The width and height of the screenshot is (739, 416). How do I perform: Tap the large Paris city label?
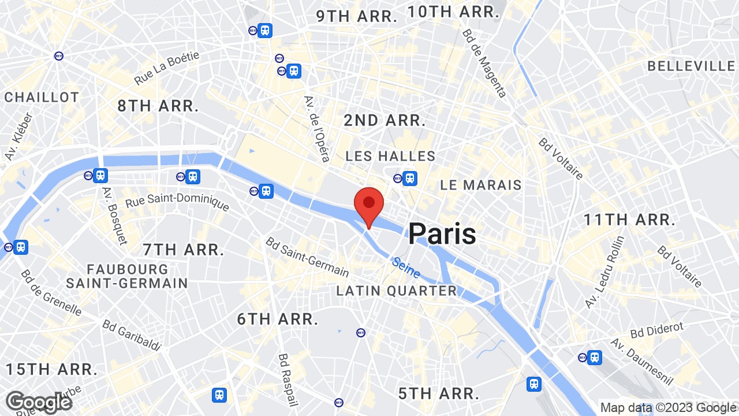click(442, 234)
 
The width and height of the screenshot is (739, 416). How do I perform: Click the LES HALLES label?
click(390, 156)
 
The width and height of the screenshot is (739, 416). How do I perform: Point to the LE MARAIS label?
click(481, 185)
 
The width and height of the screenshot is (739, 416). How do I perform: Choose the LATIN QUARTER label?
click(397, 291)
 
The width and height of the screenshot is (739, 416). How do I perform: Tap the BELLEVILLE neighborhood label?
click(691, 66)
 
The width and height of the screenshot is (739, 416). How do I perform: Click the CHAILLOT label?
click(42, 97)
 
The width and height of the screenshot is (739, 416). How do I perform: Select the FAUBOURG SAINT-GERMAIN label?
click(127, 277)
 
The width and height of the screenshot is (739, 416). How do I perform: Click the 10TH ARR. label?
click(453, 12)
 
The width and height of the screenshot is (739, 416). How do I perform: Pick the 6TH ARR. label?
click(278, 319)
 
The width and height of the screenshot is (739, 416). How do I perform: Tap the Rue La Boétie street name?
click(167, 68)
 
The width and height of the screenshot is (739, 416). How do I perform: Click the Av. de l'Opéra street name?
click(317, 128)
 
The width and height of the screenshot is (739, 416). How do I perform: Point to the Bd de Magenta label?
click(484, 62)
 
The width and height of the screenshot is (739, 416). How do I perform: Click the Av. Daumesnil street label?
click(642, 362)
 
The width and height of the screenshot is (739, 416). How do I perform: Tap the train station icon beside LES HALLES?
click(410, 179)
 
